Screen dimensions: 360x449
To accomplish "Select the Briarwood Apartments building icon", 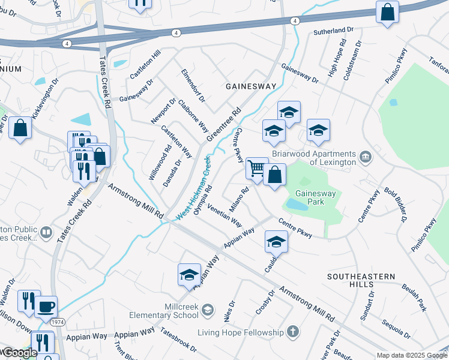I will (365, 158).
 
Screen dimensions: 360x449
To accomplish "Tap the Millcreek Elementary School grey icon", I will (207, 310).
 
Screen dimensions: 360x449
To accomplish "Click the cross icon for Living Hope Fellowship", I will (292, 332).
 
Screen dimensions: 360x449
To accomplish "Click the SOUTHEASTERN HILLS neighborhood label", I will (361, 277).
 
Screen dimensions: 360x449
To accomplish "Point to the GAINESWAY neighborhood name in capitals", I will (251, 86).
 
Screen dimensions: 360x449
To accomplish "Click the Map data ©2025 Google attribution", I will (412, 355).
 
